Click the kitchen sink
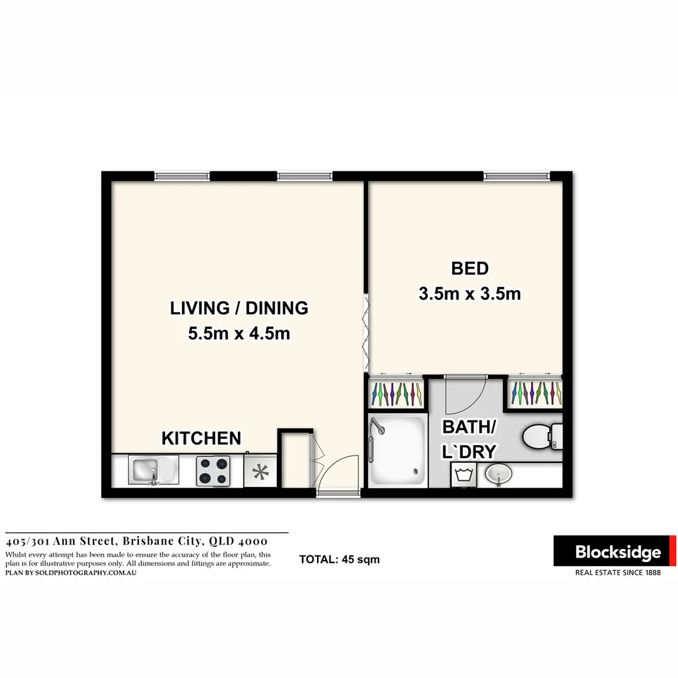point(153,470)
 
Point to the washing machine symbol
point(464,475)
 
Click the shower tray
point(396,451)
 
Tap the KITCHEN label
point(201,438)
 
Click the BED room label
point(470,269)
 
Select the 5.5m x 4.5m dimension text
point(239,333)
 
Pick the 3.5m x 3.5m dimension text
point(470,293)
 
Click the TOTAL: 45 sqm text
point(339,559)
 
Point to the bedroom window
point(517,176)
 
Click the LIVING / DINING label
point(239,308)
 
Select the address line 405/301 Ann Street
point(137,541)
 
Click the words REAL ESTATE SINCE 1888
point(618,573)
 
